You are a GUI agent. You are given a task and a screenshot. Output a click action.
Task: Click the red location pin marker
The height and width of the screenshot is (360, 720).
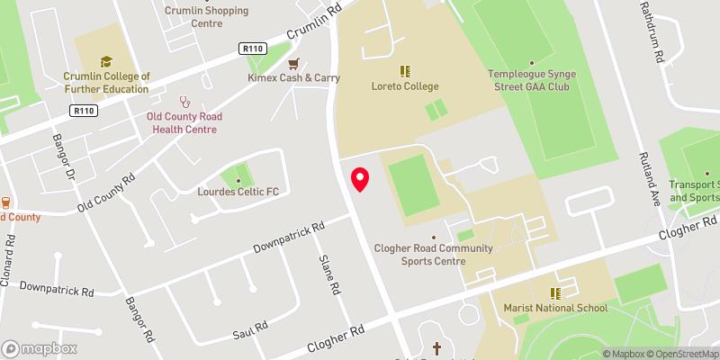360,179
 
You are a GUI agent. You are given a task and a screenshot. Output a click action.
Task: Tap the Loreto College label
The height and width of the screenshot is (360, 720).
404,86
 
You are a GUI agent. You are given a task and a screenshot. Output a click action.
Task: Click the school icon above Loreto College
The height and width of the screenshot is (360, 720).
405,69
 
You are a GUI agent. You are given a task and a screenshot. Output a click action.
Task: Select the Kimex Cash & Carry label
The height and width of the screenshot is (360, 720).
293,78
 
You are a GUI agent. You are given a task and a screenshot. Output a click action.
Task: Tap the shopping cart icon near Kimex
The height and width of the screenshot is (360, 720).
293,64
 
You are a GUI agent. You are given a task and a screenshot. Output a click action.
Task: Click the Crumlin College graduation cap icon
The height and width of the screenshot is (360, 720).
106,61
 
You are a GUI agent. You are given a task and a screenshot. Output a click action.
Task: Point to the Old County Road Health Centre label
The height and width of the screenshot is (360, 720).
184,122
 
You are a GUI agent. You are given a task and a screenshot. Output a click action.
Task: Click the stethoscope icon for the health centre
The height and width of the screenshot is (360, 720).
184,102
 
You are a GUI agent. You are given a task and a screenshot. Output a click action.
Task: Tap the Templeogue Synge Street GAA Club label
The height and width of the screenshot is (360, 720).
528,80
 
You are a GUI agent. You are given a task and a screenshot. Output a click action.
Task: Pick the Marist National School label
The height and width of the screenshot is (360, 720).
556,308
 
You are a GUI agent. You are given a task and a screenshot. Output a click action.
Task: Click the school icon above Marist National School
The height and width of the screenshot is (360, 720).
555,293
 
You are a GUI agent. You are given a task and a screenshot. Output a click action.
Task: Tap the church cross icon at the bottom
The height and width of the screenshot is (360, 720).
437,347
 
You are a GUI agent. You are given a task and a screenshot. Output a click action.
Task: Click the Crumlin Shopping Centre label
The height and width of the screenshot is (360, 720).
193,17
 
